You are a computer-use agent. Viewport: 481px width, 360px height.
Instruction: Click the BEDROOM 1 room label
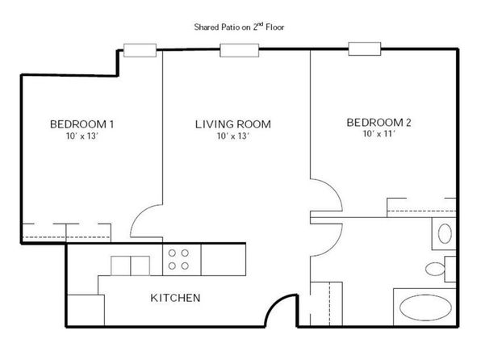click(82, 124)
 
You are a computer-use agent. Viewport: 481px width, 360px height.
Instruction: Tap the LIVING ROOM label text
click(233, 124)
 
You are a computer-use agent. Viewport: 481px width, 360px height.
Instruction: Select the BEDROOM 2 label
click(379, 123)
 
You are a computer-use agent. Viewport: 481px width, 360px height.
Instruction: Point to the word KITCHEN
click(175, 298)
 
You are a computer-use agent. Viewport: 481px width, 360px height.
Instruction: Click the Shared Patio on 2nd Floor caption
click(239, 27)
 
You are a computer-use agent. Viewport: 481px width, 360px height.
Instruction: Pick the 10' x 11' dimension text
click(379, 134)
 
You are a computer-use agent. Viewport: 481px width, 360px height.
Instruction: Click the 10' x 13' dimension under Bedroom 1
click(82, 136)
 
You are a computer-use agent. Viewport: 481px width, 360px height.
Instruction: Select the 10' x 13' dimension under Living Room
click(233, 136)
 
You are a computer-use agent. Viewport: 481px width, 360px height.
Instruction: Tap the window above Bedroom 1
click(140, 50)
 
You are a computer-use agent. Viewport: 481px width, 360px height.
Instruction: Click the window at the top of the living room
click(240, 50)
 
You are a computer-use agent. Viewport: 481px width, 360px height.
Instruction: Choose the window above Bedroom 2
click(365, 48)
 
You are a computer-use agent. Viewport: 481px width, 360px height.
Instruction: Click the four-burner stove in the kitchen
click(182, 260)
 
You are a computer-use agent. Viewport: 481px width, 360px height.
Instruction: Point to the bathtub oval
click(426, 308)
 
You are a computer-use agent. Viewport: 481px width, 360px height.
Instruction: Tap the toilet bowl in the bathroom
click(435, 269)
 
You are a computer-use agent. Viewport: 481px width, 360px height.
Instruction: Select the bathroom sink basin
click(445, 233)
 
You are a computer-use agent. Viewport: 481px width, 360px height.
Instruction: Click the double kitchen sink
click(131, 266)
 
